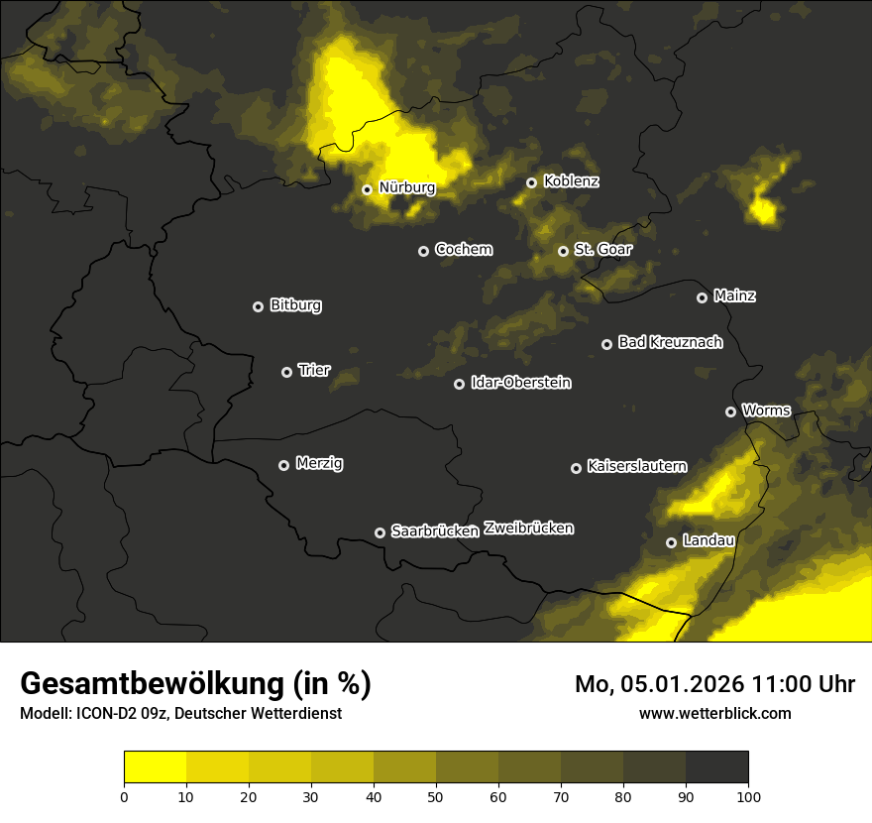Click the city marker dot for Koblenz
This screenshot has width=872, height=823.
click(531, 182)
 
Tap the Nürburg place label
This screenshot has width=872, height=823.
click(406, 186)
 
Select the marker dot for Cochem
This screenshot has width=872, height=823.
click(423, 251)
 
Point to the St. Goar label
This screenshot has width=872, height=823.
click(602, 249)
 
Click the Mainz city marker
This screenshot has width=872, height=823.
click(702, 297)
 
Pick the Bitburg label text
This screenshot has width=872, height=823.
click(295, 304)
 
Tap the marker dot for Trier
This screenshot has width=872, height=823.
click(286, 372)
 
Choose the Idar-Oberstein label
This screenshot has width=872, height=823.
click(520, 382)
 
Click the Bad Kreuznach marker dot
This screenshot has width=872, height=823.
click(606, 344)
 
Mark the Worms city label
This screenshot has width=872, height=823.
click(766, 410)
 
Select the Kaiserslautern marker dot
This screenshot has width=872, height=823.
click(576, 468)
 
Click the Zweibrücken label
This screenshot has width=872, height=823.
click(528, 528)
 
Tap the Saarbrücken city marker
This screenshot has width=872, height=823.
click(380, 532)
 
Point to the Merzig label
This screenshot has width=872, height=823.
click(318, 463)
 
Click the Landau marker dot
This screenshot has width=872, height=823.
click(671, 542)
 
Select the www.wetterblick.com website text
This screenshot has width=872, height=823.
click(714, 713)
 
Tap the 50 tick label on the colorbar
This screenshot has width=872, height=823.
click(436, 795)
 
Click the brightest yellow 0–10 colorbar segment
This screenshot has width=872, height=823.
click(155, 767)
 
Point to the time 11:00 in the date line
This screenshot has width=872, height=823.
click(767, 684)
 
